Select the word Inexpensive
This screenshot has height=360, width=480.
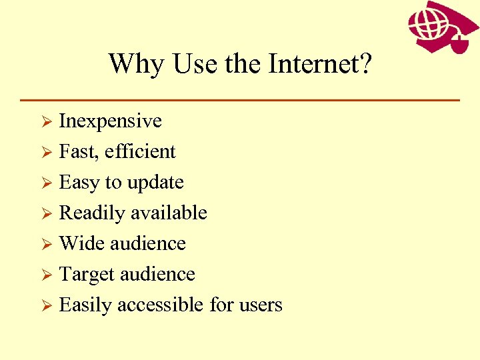tap(111, 121)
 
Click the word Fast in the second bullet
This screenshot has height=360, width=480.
tap(76, 151)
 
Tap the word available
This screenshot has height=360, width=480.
tap(169, 213)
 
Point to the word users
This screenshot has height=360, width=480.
tap(261, 305)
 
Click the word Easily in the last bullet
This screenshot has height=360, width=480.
tap(86, 305)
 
